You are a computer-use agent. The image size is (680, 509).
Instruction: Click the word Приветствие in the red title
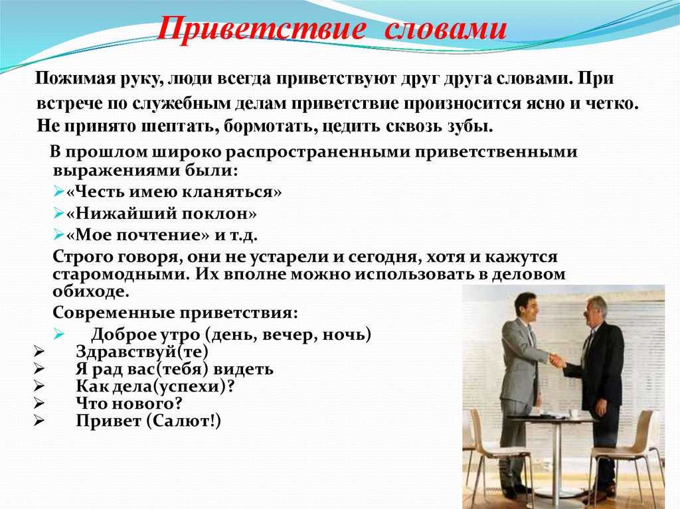(261, 29)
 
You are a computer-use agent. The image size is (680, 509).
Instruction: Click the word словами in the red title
(446, 29)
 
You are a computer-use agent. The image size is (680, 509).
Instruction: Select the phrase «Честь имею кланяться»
(174, 192)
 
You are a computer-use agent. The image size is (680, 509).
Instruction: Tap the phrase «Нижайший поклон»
(161, 213)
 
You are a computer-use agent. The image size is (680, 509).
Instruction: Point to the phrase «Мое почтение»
(138, 235)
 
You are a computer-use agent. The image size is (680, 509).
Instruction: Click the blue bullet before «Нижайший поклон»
(59, 213)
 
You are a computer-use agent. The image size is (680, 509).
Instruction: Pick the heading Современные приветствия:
(175, 313)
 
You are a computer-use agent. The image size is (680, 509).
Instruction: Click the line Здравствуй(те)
(142, 352)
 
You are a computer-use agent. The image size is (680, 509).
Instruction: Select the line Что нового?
(129, 403)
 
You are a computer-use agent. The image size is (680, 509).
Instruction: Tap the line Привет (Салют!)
(149, 421)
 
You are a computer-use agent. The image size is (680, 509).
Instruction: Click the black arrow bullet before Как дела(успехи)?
(39, 386)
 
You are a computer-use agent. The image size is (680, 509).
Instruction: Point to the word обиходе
(91, 291)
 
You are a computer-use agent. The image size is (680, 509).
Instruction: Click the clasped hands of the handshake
(557, 360)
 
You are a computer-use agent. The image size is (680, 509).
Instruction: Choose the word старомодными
(121, 274)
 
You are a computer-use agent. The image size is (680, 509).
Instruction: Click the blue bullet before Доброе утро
(59, 334)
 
